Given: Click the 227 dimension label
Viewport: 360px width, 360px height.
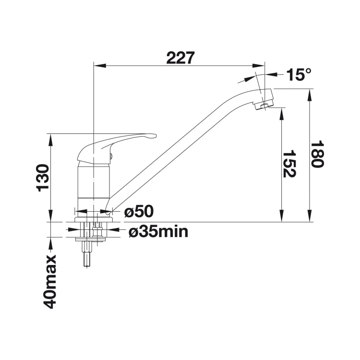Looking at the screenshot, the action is pyautogui.click(x=180, y=58).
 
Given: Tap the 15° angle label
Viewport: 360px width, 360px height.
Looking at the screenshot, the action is pyautogui.click(x=299, y=74).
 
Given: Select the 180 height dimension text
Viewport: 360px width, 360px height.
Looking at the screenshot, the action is pyautogui.click(x=317, y=155).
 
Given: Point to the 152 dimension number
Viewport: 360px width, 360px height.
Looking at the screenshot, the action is pyautogui.click(x=289, y=164).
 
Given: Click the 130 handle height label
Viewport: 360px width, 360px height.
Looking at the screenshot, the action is pyautogui.click(x=43, y=178).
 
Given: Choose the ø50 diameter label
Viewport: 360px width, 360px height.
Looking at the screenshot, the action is pyautogui.click(x=139, y=211).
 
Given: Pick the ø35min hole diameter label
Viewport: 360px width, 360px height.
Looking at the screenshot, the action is pyautogui.click(x=158, y=231).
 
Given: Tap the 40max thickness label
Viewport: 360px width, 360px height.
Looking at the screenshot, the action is pyautogui.click(x=49, y=281).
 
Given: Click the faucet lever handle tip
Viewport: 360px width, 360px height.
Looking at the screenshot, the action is pyautogui.click(x=154, y=136).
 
